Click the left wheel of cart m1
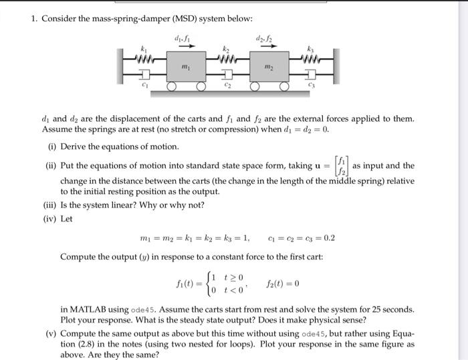click(172, 86)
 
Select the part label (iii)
click(49, 205)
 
